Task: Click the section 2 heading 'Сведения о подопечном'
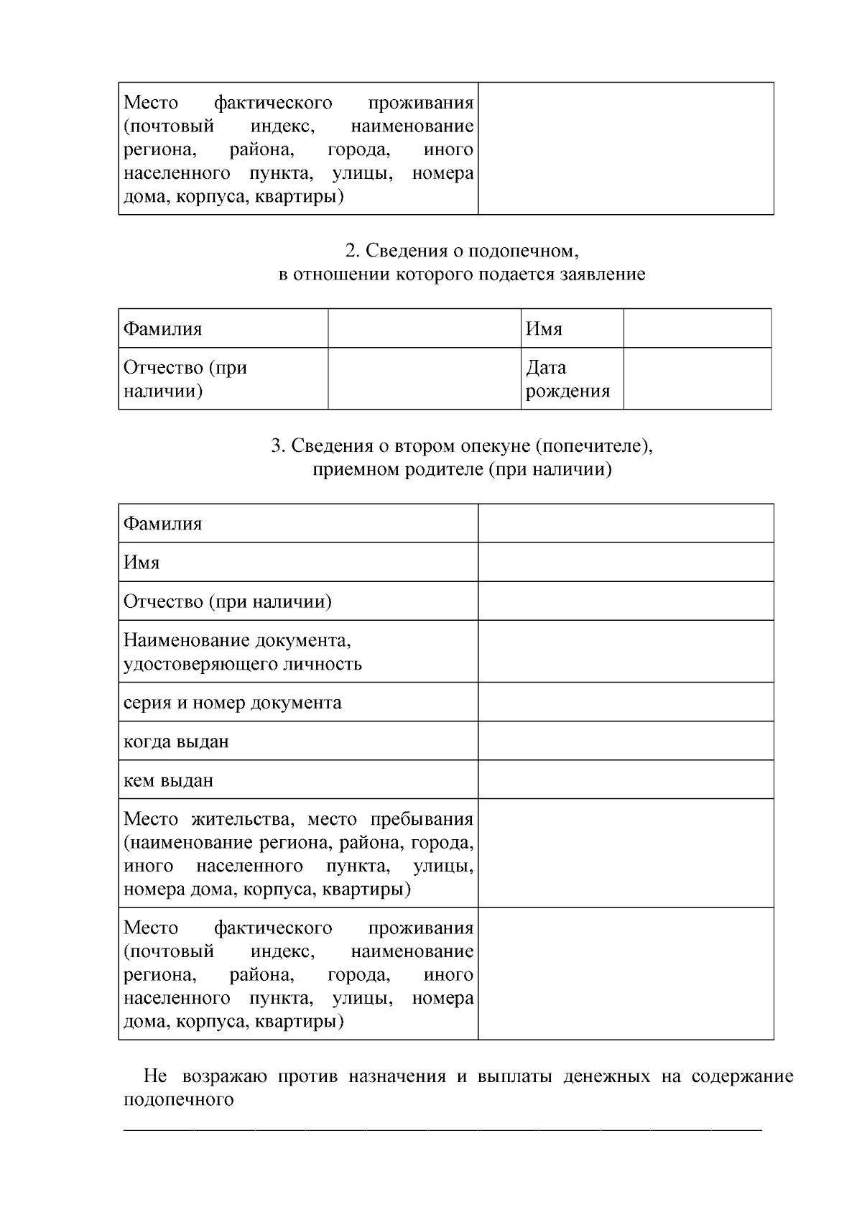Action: [462, 251]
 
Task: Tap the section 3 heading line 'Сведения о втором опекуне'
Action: [462, 446]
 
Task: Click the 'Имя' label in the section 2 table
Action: [544, 329]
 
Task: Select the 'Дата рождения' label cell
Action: [567, 379]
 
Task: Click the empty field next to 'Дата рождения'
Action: [697, 379]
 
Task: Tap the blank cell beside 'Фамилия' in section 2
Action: [424, 329]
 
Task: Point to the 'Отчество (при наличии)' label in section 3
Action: [228, 601]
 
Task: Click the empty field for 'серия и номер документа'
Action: [626, 702]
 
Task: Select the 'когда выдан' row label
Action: [177, 741]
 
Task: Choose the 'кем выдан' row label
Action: [169, 780]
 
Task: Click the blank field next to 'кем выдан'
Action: [626, 780]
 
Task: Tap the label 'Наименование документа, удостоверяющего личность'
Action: [243, 652]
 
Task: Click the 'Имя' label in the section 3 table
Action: [142, 563]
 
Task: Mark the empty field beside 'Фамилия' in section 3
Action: [626, 524]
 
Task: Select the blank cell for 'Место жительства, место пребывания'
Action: [626, 854]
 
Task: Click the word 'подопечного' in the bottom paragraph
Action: [179, 1100]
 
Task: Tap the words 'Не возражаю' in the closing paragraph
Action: [205, 1076]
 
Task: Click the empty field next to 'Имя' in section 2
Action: [697, 329]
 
